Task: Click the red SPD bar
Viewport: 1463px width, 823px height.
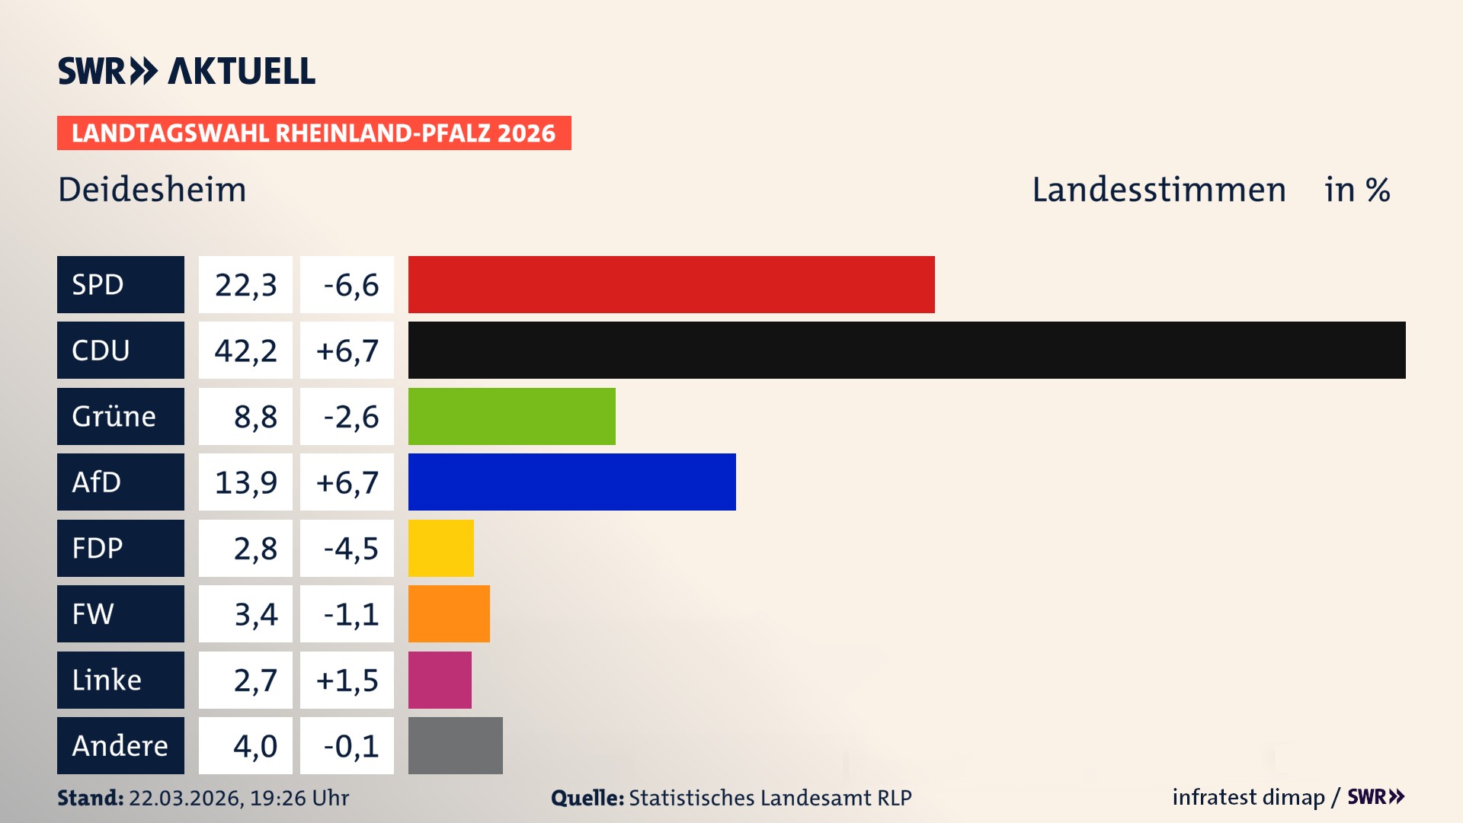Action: pos(671,284)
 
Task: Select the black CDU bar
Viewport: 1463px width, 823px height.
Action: pos(907,350)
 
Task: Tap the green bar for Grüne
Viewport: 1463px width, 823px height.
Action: pos(511,416)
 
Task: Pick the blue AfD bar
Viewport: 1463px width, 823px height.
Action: pos(571,482)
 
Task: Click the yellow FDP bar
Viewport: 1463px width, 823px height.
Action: pos(440,548)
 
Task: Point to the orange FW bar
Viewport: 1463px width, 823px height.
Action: pos(449,613)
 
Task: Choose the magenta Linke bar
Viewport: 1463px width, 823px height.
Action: pos(440,680)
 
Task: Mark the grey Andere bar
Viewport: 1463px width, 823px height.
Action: pos(455,745)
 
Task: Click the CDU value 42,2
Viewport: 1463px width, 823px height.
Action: pos(245,351)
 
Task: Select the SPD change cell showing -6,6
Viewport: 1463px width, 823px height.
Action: pos(347,285)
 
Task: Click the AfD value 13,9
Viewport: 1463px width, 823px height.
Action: pos(245,482)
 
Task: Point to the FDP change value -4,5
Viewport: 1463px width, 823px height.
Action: pos(347,548)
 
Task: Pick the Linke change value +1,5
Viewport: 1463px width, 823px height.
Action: pos(347,680)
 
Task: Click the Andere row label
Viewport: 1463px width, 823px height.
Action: pos(120,745)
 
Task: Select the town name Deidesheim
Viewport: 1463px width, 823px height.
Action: pos(152,190)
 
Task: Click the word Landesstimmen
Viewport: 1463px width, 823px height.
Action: pos(1158,190)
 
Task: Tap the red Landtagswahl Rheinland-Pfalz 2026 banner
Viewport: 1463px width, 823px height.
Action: pos(314,133)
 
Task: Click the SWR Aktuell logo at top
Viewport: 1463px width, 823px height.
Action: pos(187,71)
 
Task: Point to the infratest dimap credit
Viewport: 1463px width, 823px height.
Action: pos(1248,797)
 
